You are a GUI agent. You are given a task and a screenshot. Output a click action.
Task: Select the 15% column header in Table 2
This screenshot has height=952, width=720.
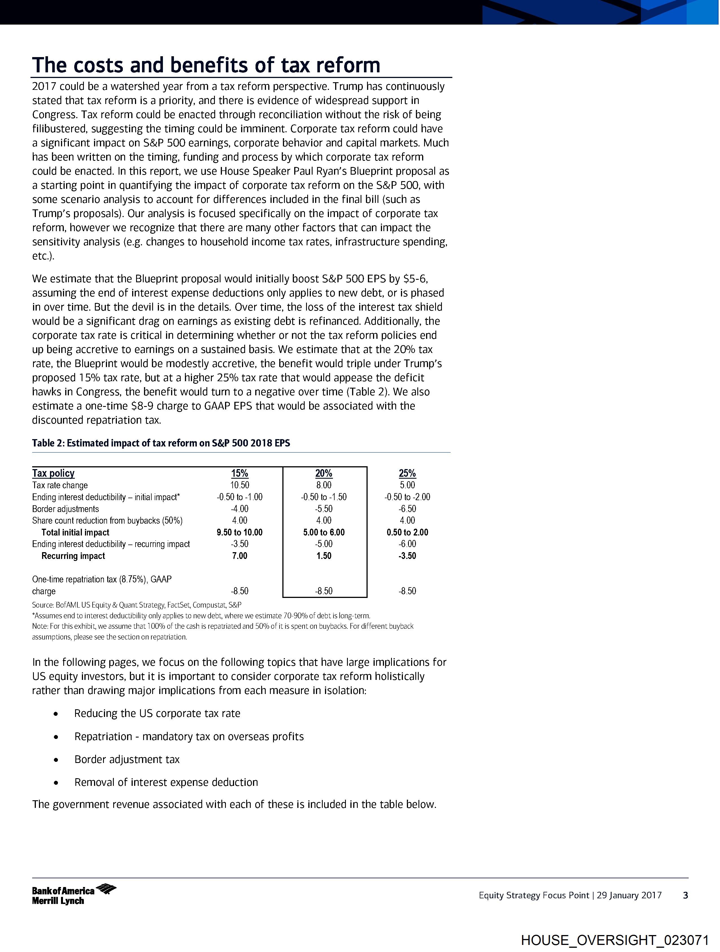239,473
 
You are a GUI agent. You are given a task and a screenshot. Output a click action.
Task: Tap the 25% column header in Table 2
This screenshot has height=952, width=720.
407,473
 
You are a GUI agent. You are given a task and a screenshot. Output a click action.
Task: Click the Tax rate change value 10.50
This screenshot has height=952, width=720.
239,485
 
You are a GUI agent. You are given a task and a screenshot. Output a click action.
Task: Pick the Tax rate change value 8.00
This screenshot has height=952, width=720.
324,485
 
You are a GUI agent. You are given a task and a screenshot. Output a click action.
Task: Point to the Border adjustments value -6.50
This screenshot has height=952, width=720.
407,509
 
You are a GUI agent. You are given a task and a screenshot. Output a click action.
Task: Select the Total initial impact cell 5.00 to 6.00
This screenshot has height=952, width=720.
324,532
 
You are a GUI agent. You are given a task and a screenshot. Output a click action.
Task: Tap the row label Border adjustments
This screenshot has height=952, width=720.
66,509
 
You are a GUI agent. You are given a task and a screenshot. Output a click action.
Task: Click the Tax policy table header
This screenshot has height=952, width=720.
53,473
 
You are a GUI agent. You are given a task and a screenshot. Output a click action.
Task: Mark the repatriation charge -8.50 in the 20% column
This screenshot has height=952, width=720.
324,591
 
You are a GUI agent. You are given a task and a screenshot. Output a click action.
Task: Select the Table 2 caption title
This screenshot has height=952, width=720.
161,443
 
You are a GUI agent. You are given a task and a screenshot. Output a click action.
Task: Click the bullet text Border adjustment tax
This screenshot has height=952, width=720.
127,759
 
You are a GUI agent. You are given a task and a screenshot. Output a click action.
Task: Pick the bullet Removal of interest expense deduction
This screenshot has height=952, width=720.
166,782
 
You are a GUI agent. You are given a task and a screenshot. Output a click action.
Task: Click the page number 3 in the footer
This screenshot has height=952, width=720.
686,895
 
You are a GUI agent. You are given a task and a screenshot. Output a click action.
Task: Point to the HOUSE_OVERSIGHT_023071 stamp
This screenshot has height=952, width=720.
615,940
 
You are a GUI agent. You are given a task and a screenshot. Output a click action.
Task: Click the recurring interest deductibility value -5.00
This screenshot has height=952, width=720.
324,544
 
